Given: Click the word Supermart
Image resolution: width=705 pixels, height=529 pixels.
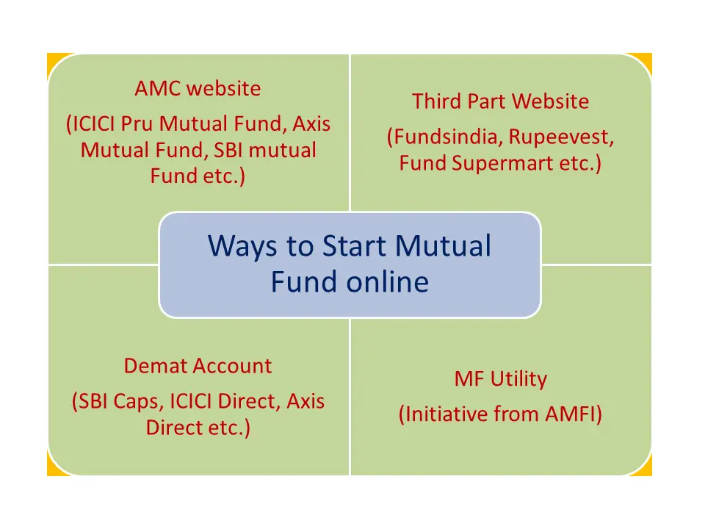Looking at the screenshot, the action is tap(502, 164).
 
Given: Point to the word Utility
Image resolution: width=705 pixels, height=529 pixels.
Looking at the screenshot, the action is tap(519, 380).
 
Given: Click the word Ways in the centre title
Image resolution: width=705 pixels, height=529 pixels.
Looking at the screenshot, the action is tap(242, 247).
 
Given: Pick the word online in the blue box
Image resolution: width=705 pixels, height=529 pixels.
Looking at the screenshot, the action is tap(388, 282).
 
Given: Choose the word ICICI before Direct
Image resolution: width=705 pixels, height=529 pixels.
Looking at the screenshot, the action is tap(189, 401).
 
